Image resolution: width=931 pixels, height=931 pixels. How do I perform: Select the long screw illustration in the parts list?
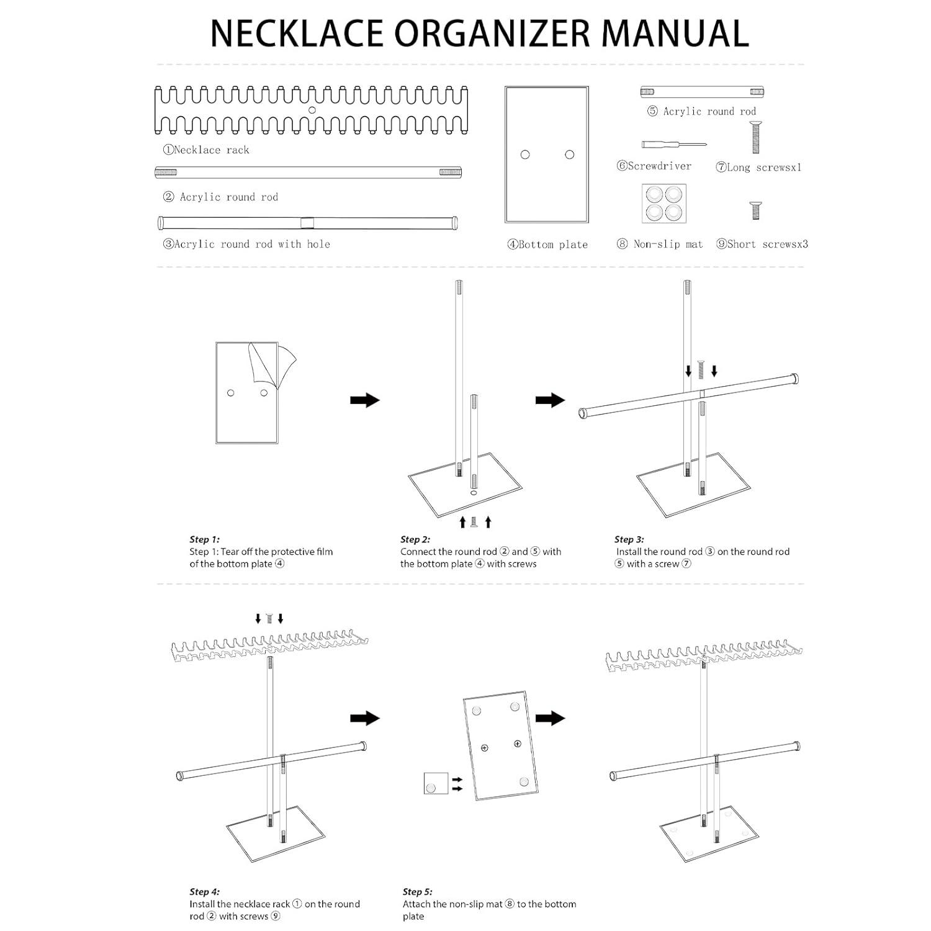point(755,137)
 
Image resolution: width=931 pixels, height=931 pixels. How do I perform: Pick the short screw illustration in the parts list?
point(755,210)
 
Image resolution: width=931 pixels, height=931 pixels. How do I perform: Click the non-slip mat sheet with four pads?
point(664,204)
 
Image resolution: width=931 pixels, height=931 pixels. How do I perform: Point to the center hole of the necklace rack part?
point(312,110)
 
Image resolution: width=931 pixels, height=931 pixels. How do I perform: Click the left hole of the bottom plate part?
point(525,155)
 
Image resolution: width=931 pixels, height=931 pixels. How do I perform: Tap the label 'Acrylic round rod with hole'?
point(246,245)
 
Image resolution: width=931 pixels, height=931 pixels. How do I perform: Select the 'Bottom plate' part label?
point(547,245)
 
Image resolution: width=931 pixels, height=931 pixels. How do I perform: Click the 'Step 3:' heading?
point(629,539)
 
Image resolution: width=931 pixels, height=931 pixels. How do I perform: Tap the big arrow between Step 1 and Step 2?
point(365,400)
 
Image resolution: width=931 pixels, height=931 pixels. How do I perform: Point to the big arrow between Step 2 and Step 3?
point(550,400)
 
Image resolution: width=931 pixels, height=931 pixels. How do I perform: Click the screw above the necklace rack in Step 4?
point(269,618)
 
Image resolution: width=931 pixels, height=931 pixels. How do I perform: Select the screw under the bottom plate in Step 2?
point(475,522)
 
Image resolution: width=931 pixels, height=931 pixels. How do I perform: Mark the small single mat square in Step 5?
point(436,783)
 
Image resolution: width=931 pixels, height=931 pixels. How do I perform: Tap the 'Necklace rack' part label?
point(206,150)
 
